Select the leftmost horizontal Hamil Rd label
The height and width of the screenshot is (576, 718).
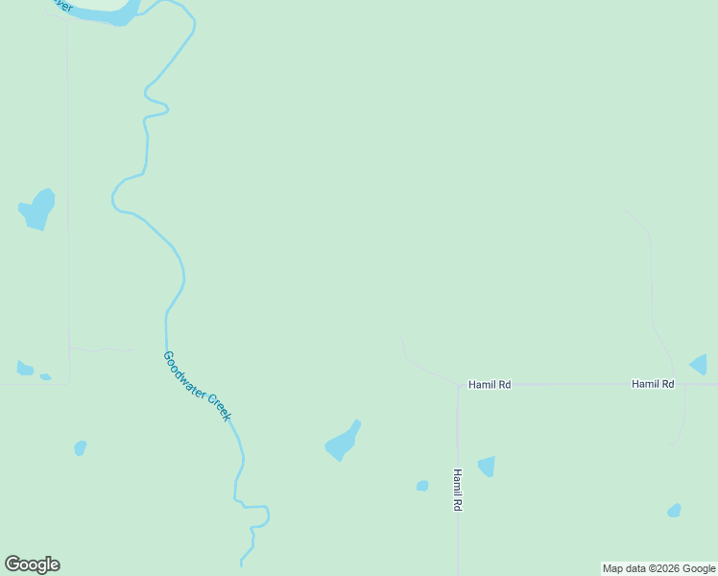(x=490, y=384)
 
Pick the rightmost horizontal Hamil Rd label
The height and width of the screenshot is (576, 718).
(x=653, y=384)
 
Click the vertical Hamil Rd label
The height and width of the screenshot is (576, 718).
(x=459, y=490)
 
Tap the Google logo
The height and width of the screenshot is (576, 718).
(x=32, y=564)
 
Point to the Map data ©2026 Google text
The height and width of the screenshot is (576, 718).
(x=658, y=569)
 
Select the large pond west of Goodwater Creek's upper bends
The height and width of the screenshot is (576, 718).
(x=38, y=209)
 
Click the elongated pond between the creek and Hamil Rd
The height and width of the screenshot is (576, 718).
(x=343, y=442)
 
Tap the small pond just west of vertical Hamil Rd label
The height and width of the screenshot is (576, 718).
(x=422, y=486)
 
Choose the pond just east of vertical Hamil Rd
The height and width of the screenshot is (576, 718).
(x=487, y=467)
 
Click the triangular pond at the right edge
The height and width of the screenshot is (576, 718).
(x=700, y=365)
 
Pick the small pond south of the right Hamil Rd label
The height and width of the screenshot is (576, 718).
(x=674, y=511)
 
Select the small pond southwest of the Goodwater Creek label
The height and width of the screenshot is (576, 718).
(x=81, y=447)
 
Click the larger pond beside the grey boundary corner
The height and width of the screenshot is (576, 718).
(x=25, y=369)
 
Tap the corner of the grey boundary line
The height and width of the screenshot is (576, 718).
(x=69, y=384)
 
